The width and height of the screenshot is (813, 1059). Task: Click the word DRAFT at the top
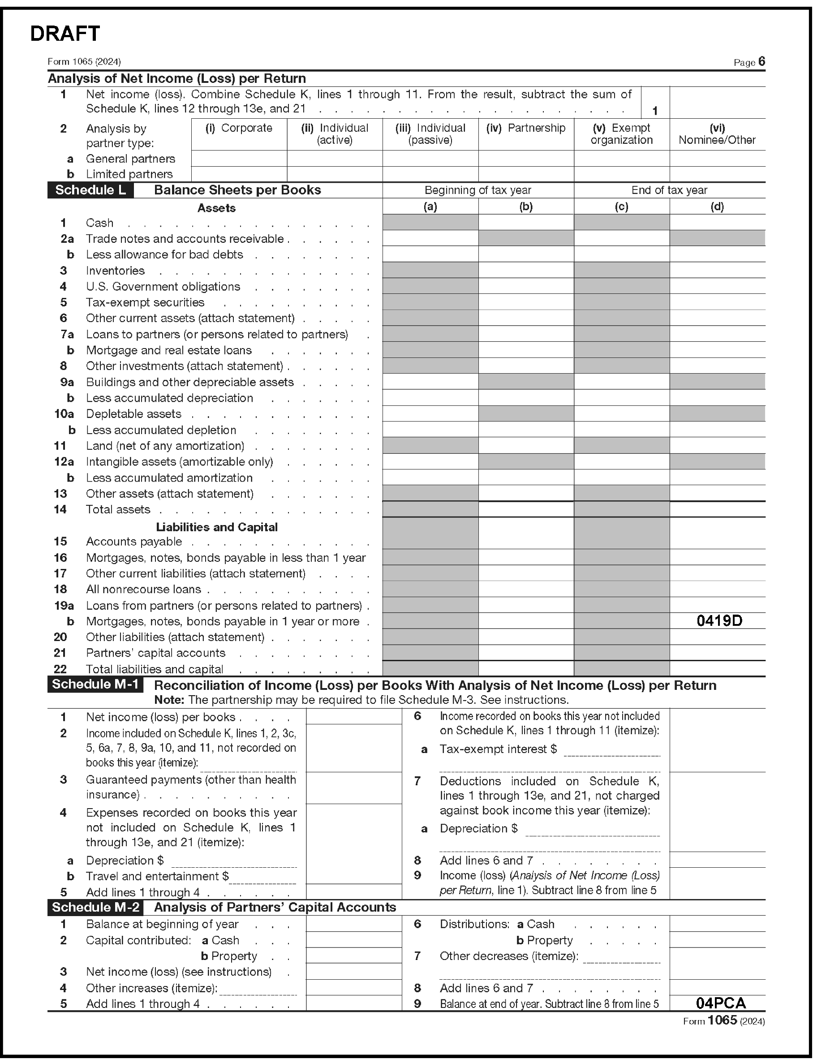coord(65,34)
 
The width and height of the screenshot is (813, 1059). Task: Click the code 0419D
coord(719,620)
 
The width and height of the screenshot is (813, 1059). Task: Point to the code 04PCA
coord(721,1003)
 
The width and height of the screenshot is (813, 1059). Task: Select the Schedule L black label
coord(90,190)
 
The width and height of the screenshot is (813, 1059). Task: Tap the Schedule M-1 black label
coord(95,684)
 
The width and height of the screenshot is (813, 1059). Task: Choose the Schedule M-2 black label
coord(95,907)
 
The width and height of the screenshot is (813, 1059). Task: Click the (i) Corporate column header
coord(239,128)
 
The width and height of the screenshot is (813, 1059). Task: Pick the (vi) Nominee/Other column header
coord(717,134)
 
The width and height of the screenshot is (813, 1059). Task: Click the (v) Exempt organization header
coord(621,134)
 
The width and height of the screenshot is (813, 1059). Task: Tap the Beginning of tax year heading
coord(477,190)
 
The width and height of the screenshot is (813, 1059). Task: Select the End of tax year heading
coord(669,190)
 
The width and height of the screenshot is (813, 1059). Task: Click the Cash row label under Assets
coord(100,223)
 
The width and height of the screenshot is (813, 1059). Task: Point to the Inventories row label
coord(115,271)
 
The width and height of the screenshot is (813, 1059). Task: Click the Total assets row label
coord(118,510)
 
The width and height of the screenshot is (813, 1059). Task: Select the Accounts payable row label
coord(134,542)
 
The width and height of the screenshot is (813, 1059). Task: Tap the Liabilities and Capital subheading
coord(216,527)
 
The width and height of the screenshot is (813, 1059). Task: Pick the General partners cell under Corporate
coord(239,158)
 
